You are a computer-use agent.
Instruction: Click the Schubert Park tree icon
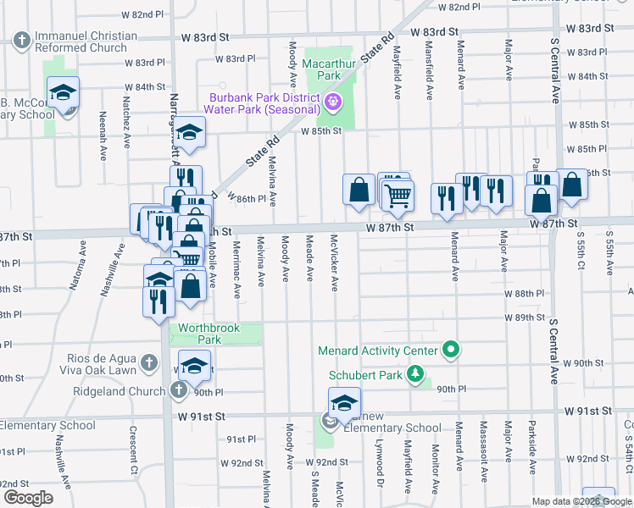415,373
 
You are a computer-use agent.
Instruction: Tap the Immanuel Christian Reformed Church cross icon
21,39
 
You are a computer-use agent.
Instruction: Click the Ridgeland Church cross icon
178,390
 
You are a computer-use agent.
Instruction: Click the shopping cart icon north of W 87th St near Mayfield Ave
398,196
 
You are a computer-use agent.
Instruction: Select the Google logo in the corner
28,497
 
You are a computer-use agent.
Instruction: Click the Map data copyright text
581,500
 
